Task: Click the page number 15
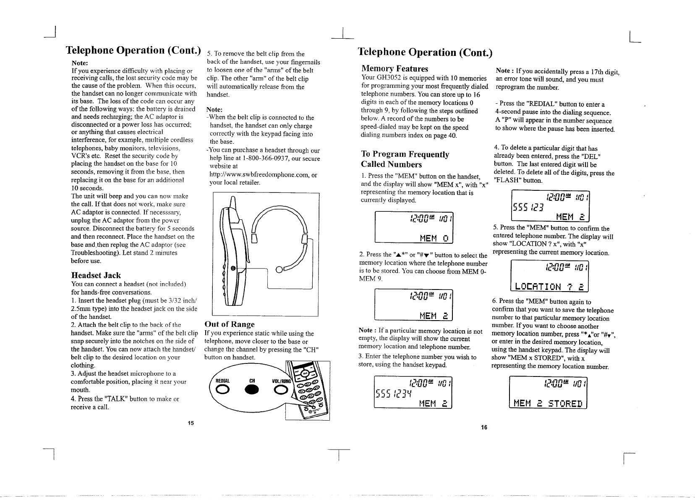tap(191, 423)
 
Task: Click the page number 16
tap(484, 427)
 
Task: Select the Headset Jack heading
tap(96, 275)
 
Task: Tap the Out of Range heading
tap(229, 324)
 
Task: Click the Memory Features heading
tap(395, 68)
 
